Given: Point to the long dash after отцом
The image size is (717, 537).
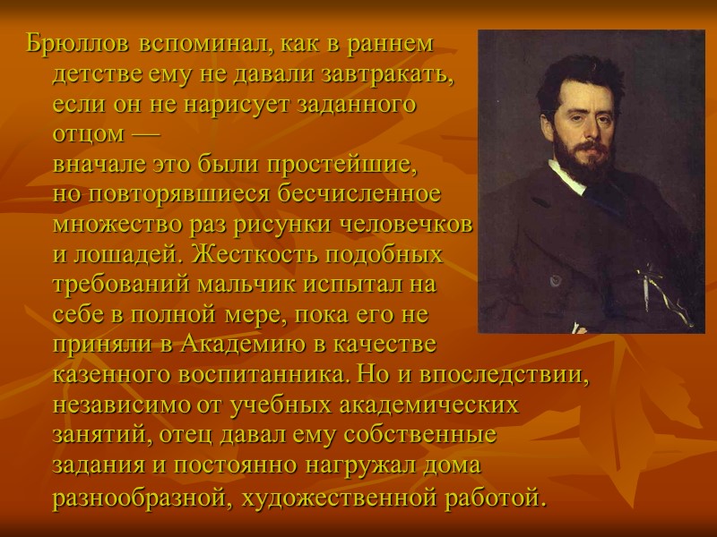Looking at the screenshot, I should tap(141, 135).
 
